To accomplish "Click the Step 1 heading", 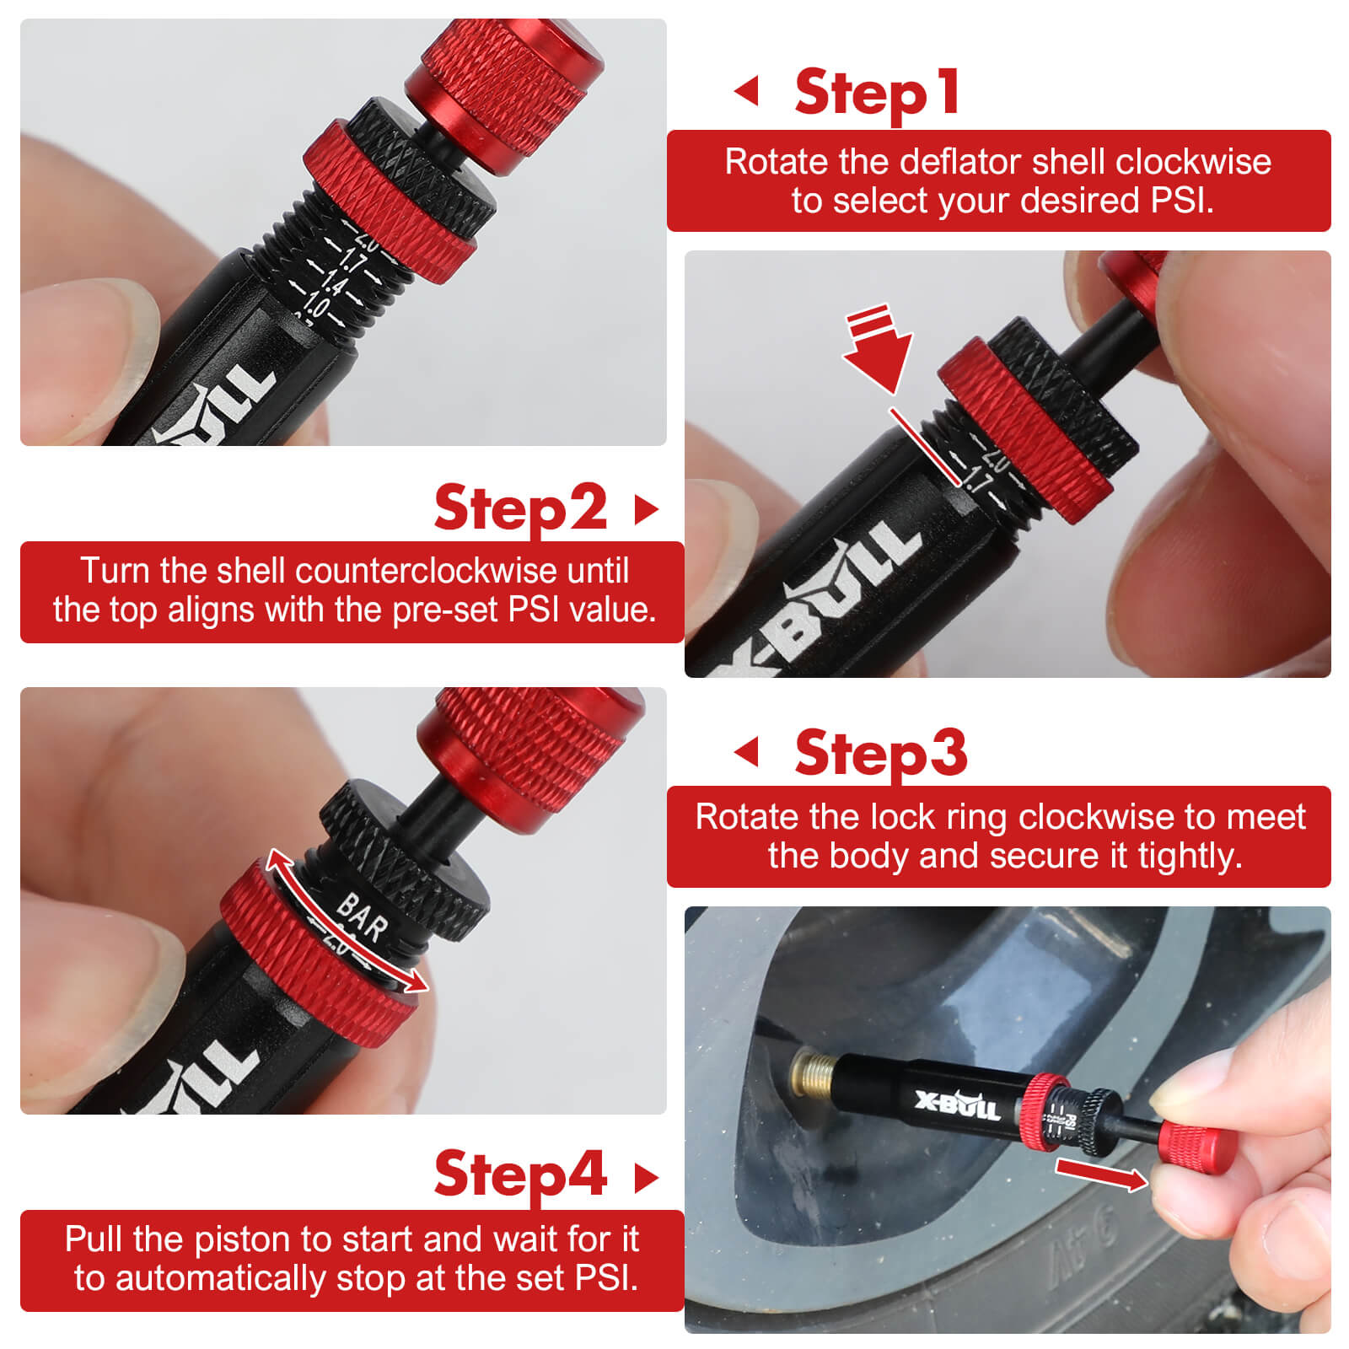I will coord(877,93).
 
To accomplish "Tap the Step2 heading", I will coord(520,508).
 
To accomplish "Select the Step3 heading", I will coord(880,752).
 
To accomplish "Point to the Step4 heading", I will coord(520,1174).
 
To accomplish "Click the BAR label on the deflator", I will coord(363,917).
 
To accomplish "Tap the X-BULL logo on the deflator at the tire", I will coord(957,1104).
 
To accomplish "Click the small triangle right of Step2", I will coord(645,509).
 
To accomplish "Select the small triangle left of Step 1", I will coord(747,91).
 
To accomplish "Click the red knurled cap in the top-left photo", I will coord(506,84).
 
